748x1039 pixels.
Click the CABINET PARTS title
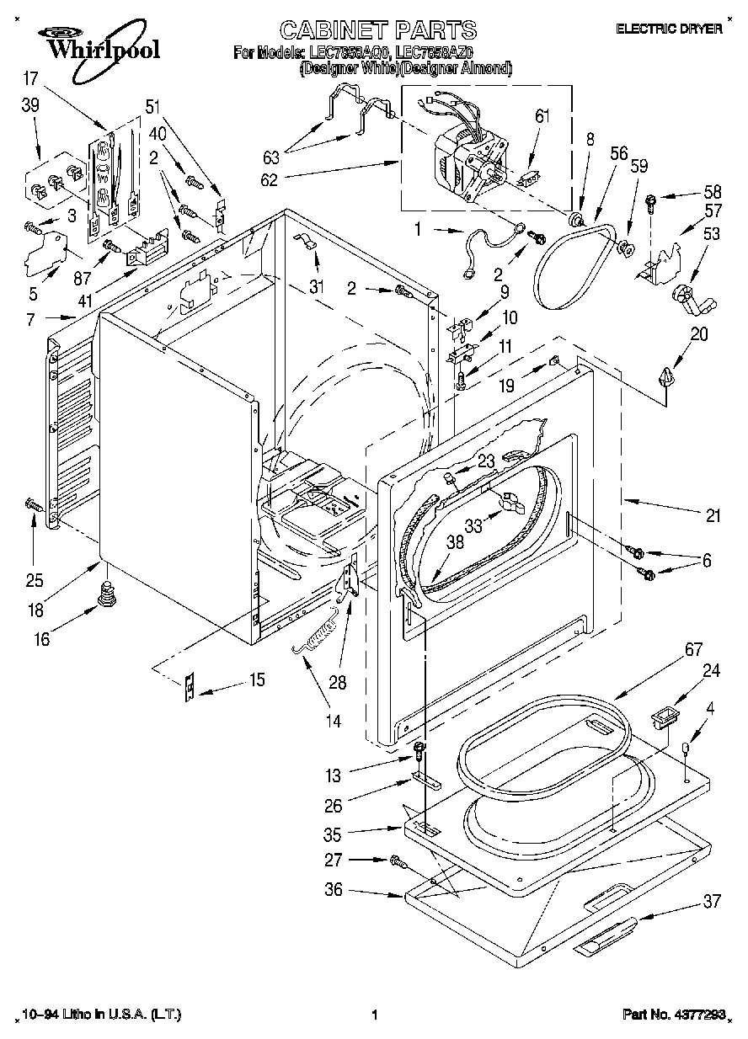pos(377,31)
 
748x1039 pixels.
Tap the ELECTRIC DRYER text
pos(669,29)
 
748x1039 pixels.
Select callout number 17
pos(31,79)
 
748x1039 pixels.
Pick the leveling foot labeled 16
pos(106,595)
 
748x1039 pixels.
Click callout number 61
pos(542,115)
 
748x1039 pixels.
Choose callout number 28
pos(337,683)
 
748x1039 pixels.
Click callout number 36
pos(334,889)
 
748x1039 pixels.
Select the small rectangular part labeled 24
pos(664,718)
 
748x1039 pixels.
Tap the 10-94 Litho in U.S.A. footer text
pos(99,1015)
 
